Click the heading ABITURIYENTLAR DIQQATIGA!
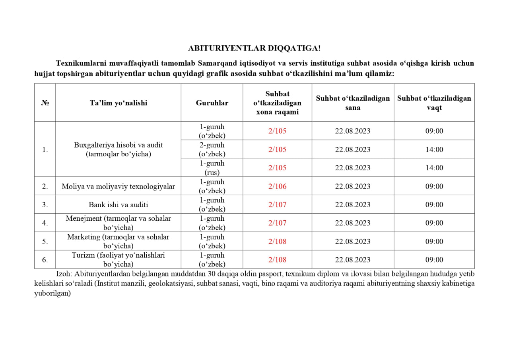[254, 48]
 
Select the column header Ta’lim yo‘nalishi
[118, 103]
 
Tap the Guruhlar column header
[212, 103]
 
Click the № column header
[45, 103]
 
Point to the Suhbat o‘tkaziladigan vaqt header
[434, 103]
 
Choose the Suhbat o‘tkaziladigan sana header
[353, 103]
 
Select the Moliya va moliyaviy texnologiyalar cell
[118, 186]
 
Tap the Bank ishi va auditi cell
[118, 204]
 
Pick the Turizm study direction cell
[118, 259]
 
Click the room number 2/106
[277, 186]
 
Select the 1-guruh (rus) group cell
[212, 168]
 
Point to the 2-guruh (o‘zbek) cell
[212, 150]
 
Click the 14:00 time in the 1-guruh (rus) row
[434, 168]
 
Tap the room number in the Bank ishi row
[277, 204]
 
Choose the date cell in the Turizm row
[353, 260]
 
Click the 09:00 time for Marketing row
[434, 241]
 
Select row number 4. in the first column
[45, 223]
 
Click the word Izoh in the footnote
[63, 274]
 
